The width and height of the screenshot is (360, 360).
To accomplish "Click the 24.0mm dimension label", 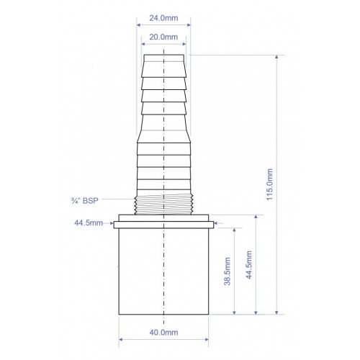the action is [163, 18].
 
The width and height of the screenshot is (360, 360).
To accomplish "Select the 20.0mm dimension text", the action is [163, 37].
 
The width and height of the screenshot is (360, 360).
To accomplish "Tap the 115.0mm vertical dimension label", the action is [270, 184].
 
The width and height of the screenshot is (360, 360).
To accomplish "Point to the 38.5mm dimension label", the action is [227, 271].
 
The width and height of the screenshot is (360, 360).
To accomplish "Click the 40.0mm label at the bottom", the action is [163, 333].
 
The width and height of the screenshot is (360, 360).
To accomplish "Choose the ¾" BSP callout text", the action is [85, 201].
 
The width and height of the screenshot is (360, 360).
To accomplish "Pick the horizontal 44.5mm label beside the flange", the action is [89, 223].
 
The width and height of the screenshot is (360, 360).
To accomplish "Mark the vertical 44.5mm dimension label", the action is [249, 265].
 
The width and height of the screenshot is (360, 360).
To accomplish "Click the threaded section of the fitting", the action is [163, 204].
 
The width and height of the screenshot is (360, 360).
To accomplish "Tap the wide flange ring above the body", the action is [163, 225].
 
